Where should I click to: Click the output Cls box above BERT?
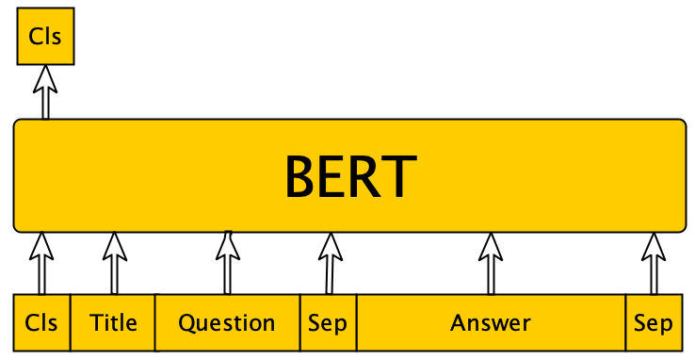[45, 38]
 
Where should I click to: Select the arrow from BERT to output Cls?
[45, 92]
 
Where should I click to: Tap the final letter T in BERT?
[399, 176]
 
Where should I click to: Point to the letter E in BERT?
[334, 176]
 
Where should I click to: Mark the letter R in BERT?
[366, 176]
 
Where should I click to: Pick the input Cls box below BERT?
[41, 323]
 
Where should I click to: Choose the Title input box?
[113, 323]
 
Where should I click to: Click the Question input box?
[227, 323]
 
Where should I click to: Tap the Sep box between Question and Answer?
[328, 323]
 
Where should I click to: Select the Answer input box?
[491, 323]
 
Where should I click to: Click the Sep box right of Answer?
[653, 323]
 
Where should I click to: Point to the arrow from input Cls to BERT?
[40, 263]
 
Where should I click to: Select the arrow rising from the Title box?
[114, 263]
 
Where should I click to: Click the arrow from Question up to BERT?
[227, 263]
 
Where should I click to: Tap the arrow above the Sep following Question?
[329, 263]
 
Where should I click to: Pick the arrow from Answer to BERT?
[490, 263]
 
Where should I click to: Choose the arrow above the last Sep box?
[653, 263]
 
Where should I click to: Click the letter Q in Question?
[186, 323]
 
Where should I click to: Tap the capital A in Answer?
[458, 323]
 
